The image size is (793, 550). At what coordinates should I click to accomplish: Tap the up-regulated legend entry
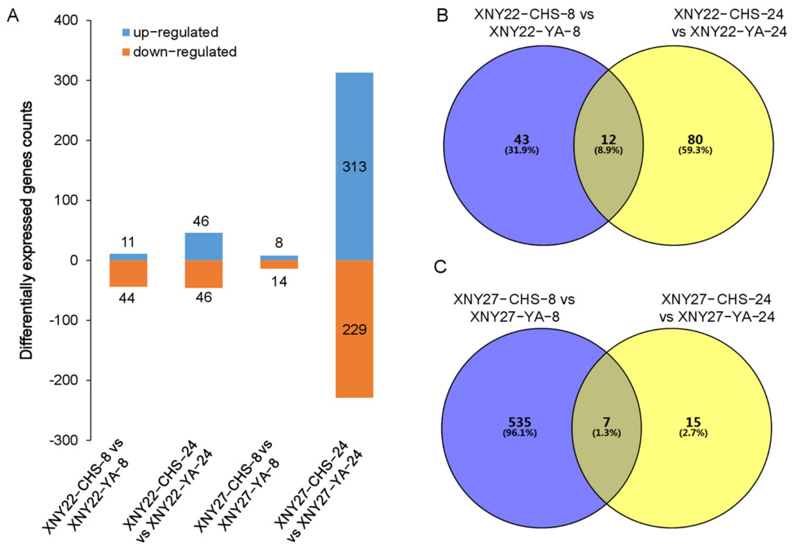coord(170,32)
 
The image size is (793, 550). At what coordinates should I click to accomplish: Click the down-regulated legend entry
coord(179,52)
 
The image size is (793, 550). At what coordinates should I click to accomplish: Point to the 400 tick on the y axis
coord(66,20)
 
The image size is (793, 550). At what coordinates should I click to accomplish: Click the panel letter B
coord(442,15)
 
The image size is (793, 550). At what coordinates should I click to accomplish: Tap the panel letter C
coord(440,267)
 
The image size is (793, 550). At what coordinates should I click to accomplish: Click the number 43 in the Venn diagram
coord(521,139)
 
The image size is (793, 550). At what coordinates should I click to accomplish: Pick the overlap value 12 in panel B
coord(608,139)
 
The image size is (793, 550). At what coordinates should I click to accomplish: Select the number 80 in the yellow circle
coord(695,139)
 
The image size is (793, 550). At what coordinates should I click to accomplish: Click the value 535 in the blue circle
coord(520,422)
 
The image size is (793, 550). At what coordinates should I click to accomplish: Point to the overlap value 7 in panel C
coord(607,422)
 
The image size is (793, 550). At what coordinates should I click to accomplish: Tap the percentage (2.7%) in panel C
coord(693,433)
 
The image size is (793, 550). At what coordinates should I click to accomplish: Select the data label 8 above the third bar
coord(279,243)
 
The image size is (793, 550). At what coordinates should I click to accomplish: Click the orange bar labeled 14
coord(279,264)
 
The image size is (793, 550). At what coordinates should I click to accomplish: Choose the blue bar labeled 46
coord(204,247)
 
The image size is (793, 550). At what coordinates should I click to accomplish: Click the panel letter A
coord(13,15)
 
